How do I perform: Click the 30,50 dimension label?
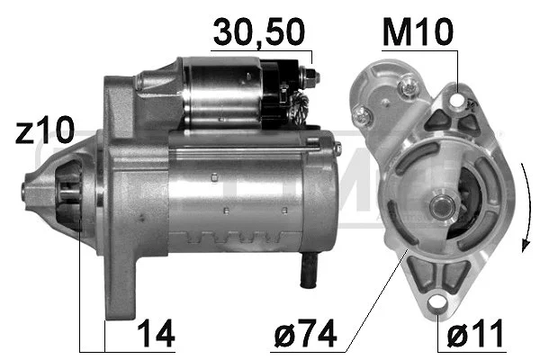259,32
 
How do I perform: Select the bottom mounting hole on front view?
437,303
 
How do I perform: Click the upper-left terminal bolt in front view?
363,114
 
